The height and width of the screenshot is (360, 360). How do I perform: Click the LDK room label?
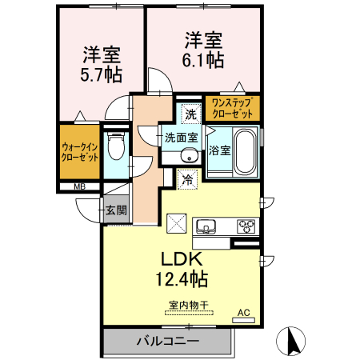186,260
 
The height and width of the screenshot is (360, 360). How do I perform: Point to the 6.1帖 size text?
203,59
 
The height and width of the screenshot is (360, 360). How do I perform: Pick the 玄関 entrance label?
115,210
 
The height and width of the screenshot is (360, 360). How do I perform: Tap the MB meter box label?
79,187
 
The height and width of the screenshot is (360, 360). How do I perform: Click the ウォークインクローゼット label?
80,153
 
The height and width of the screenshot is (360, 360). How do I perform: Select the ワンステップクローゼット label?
232,108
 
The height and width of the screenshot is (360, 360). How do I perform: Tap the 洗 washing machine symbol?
190,114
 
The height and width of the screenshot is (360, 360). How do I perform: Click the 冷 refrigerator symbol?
187,180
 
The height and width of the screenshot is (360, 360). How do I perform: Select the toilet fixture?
117,147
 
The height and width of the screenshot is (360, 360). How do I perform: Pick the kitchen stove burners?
246,225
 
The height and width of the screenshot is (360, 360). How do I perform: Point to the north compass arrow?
292,341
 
